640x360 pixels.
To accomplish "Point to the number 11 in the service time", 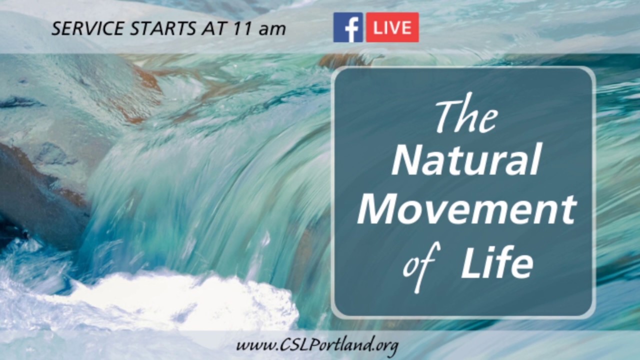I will pos(241,28).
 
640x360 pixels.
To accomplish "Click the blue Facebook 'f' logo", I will pos(348,27).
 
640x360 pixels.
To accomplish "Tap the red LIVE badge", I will pos(392,27).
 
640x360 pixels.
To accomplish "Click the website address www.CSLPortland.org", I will pos(317,345).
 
